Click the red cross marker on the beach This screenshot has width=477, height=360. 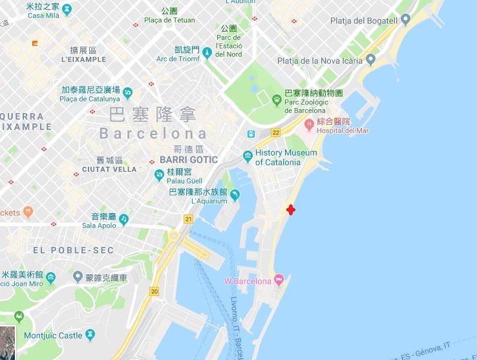click(x=291, y=210)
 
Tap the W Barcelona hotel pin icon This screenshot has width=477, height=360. click(x=279, y=280)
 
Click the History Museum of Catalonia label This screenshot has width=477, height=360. click(x=286, y=158)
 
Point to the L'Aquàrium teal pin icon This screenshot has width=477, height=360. click(x=235, y=195)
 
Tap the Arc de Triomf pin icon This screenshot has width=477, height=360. click(x=207, y=52)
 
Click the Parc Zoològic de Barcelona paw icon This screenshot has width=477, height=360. click(x=277, y=100)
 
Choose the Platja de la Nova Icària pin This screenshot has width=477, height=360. click(x=370, y=60)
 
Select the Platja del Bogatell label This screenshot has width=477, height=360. click(x=363, y=21)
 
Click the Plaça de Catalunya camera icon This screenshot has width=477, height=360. click(x=127, y=92)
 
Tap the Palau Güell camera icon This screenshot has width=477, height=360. click(x=159, y=175)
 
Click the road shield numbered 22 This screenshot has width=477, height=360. click(x=275, y=132)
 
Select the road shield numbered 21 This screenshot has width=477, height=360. click(x=188, y=219)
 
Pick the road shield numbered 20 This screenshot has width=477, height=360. click(x=154, y=291)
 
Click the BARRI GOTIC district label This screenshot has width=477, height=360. click(x=188, y=160)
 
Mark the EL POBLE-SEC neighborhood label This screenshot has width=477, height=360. click(x=73, y=250)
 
